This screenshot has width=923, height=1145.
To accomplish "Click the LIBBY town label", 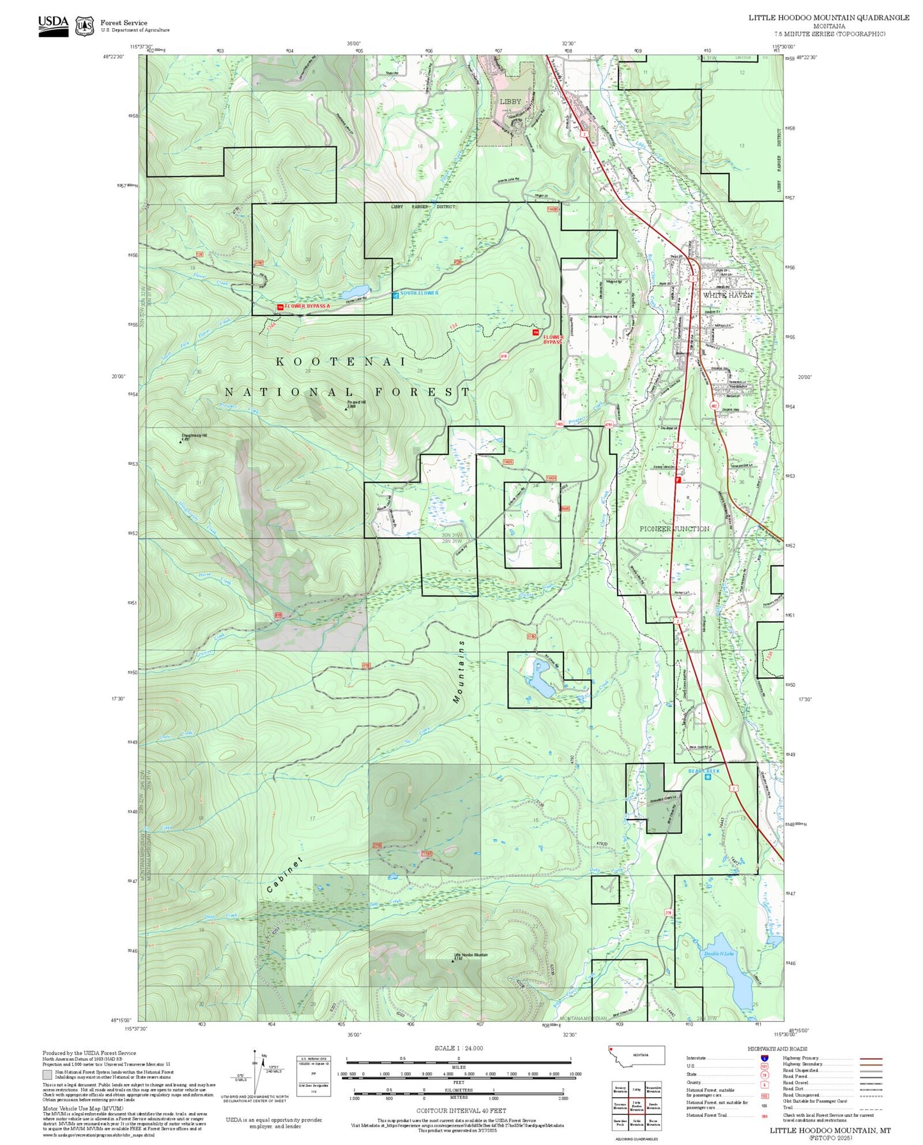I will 510,101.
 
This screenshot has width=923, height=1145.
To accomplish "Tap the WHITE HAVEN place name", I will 728,296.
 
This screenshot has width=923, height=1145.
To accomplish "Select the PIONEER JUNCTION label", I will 675,529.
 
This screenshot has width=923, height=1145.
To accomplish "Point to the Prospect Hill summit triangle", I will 346,409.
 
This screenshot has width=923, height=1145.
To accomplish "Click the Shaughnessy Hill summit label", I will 194,436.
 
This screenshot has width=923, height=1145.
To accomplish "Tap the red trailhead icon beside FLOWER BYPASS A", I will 280,307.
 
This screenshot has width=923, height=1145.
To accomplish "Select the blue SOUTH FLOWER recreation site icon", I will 395,294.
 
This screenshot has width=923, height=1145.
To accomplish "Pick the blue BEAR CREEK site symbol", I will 708,777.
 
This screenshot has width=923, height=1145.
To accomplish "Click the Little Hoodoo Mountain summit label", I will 471,955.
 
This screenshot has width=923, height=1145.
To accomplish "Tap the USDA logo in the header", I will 53,24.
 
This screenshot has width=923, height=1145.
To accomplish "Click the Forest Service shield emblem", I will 84,26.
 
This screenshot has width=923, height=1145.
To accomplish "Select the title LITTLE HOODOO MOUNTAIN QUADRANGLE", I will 829,18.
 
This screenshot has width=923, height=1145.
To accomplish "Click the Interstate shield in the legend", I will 765,1058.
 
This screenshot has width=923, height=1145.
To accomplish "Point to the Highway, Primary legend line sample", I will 871,1058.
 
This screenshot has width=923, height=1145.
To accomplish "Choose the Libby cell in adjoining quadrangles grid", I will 636,1089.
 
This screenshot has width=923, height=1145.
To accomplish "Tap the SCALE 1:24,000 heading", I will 459,1048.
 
